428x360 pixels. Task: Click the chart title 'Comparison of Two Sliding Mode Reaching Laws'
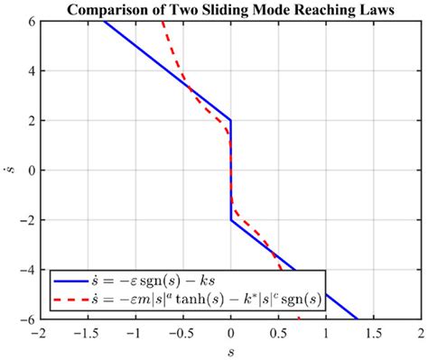230,10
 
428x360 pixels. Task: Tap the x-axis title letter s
230,352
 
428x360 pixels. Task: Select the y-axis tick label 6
28,21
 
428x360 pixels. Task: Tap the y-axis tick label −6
24,318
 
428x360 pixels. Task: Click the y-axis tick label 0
28,170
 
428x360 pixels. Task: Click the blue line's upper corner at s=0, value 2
231,120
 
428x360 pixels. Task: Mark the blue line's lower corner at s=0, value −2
231,219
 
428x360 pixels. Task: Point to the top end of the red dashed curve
162,22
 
